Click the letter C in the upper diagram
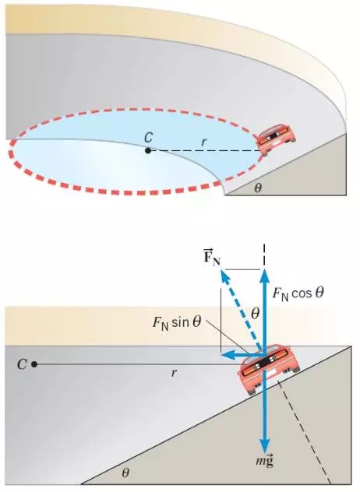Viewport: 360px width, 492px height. [x=149, y=138]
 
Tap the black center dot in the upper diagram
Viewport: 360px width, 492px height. [x=148, y=150]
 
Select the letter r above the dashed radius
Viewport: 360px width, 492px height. [x=204, y=142]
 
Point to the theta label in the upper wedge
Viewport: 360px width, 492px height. [x=258, y=188]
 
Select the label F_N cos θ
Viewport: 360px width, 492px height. [x=298, y=293]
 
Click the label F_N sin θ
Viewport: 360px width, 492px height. [x=177, y=322]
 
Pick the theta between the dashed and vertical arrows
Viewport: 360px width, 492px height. [x=255, y=313]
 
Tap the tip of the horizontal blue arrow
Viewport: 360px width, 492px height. [x=222, y=356]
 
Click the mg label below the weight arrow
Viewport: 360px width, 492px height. [x=264, y=461]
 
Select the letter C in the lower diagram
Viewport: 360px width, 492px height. [x=22, y=364]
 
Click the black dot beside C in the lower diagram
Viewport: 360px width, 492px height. [x=34, y=364]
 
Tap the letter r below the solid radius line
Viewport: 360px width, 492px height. [x=174, y=373]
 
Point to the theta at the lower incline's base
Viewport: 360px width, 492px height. [x=125, y=473]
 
